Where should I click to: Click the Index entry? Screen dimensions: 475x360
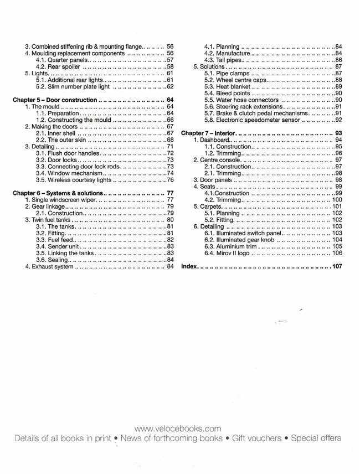189,266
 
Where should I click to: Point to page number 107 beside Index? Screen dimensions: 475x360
337,266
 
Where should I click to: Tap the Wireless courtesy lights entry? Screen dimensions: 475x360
77,179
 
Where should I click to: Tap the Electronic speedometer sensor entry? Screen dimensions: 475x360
246,120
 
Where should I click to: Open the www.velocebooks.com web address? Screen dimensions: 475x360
178,428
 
